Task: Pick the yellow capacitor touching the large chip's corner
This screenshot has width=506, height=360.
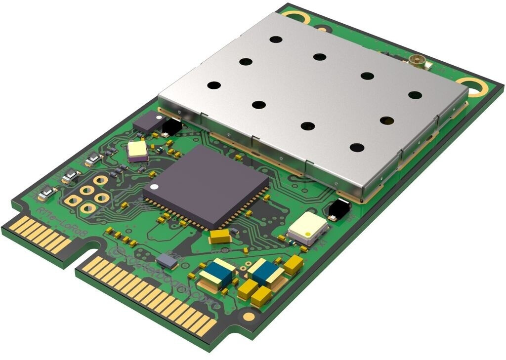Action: point(220,236)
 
